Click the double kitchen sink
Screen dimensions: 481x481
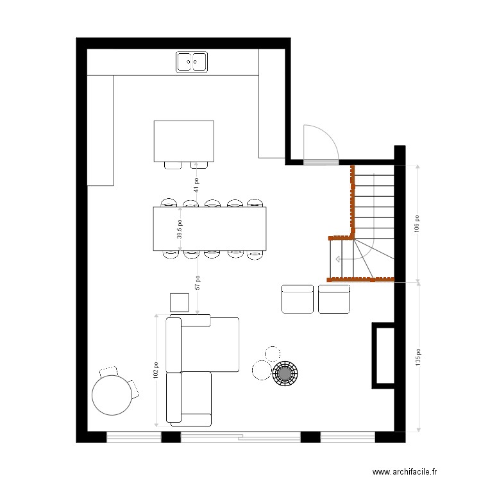coord(192,62)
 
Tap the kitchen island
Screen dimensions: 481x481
coord(183,140)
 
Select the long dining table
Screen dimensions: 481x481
coord(209,228)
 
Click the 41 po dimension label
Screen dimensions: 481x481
coord(196,185)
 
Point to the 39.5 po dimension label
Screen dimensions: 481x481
coord(180,229)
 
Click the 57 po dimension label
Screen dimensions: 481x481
coord(198,283)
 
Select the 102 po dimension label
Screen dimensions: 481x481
coord(156,371)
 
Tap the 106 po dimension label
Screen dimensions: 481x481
coord(417,223)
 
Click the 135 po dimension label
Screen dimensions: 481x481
coord(417,357)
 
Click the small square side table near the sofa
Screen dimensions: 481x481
coord(179,301)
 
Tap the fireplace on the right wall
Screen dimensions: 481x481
coord(385,355)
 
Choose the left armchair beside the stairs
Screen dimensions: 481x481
coord(297,299)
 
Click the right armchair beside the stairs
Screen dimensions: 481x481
coord(334,299)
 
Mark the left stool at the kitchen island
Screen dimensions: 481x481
coord(173,165)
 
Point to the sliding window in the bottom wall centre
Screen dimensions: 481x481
coord(240,437)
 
